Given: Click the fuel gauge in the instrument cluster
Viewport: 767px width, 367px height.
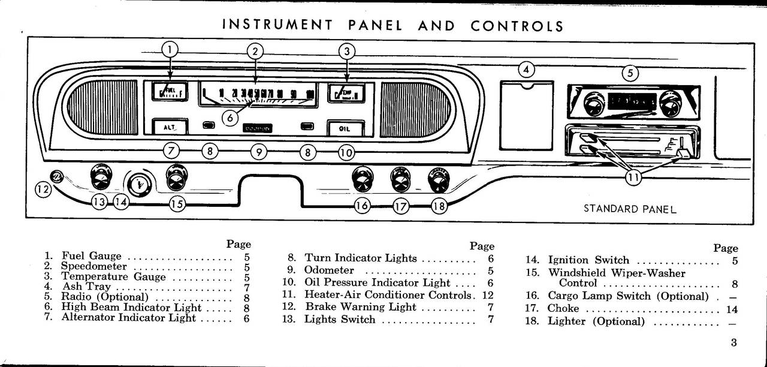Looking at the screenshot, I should (170, 92).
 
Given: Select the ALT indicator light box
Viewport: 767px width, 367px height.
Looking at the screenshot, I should (170, 127).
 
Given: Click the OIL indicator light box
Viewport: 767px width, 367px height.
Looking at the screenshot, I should (345, 128).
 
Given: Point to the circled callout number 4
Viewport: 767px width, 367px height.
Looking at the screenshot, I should (526, 70).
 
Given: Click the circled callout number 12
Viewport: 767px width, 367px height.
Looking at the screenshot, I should (42, 189).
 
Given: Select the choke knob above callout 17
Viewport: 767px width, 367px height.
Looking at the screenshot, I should (400, 178).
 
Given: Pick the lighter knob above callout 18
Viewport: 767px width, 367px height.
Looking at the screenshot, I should (439, 179).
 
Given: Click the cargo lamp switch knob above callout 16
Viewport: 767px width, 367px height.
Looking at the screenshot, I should (363, 179).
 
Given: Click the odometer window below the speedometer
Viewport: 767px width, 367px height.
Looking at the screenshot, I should (258, 128).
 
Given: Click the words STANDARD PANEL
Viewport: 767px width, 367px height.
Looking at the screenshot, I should (630, 209).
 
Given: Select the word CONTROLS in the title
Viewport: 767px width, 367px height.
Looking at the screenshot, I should (517, 26).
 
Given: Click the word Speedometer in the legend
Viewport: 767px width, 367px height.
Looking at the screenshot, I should (94, 266).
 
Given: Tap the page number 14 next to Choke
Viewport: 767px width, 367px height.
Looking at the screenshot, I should (732, 309).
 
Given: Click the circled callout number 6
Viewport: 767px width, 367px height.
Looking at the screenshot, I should (230, 118).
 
